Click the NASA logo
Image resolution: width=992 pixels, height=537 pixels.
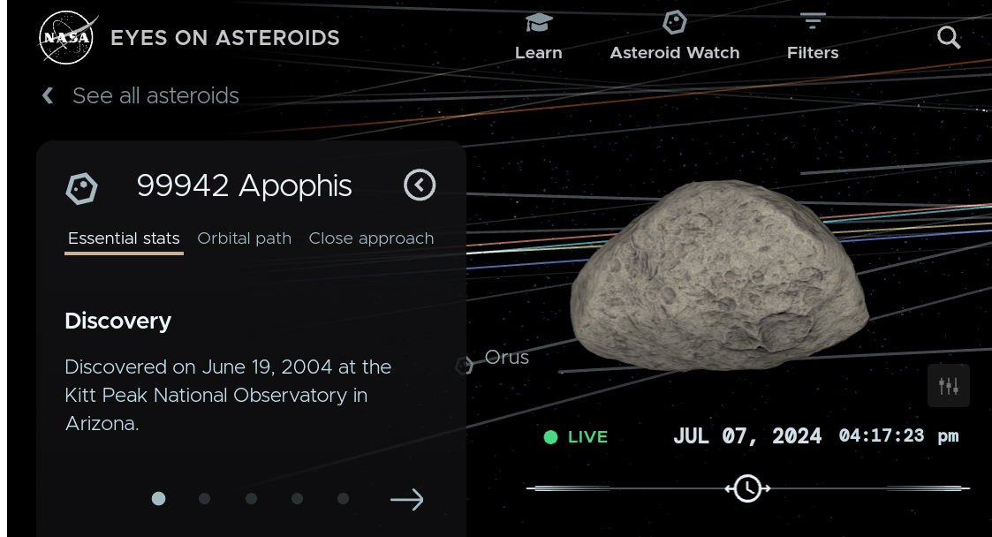point(67,38)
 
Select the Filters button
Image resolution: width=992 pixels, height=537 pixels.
point(813,37)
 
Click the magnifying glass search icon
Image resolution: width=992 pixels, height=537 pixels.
point(949,37)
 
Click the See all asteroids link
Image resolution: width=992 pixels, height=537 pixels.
point(155,95)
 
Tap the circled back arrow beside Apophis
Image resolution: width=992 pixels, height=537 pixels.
point(420,185)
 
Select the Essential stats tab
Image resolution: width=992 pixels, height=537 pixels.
point(124,238)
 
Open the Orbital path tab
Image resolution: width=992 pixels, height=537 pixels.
point(244,238)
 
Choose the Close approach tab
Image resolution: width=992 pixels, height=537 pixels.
point(371,238)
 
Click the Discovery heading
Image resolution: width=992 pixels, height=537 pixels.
point(117,321)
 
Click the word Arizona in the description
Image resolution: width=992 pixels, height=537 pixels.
point(102,423)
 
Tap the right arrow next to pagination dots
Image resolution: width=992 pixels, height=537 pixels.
point(407,499)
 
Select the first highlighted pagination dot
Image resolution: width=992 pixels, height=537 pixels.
point(159,498)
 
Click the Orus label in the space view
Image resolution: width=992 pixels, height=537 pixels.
point(507,358)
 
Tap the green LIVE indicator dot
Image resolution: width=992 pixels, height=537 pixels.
point(550,437)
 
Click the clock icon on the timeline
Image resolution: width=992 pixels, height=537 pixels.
point(748,488)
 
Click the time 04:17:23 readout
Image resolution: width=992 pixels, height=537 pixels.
point(882,435)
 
